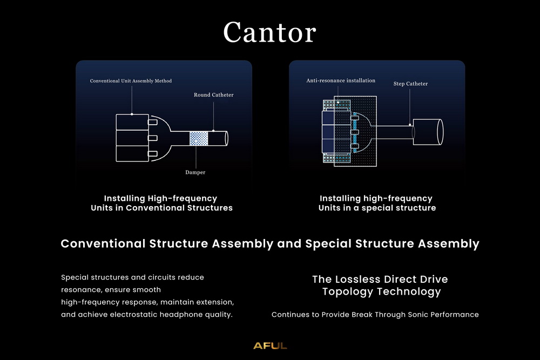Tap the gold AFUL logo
point(270,345)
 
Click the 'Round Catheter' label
point(214,95)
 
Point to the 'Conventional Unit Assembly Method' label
point(131,81)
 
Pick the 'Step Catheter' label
point(410,84)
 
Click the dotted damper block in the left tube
point(199,138)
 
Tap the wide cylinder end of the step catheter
point(428,131)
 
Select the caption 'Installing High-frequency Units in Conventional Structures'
point(161,203)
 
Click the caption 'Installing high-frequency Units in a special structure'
point(376,203)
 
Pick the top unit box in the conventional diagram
point(132,121)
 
